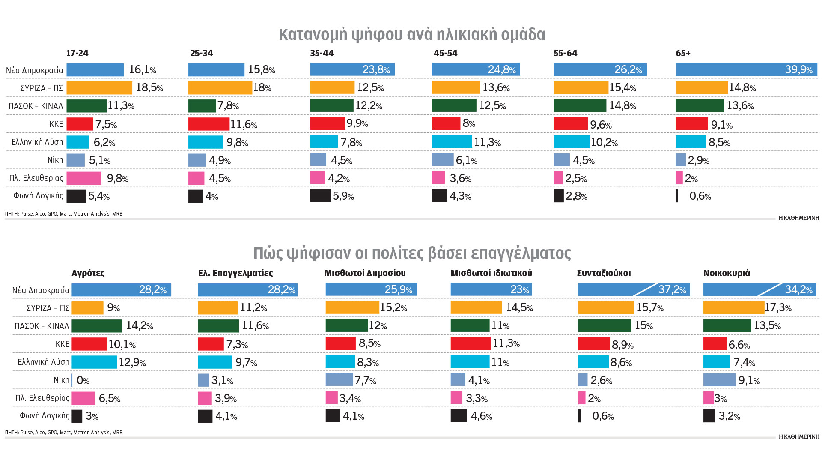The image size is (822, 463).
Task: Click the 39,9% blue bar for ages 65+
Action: coord(746,69)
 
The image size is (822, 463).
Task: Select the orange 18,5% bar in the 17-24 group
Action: coord(99,88)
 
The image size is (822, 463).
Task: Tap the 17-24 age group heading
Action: coord(77,53)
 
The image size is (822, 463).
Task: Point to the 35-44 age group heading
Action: coord(322,53)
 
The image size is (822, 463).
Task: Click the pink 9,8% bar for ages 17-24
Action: coord(84,178)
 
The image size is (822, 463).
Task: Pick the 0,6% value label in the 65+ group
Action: coord(700,196)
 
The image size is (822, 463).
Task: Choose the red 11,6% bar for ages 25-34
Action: coord(208,124)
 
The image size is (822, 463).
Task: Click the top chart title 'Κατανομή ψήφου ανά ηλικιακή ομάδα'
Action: coord(412,34)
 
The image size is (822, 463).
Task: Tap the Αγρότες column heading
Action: coord(88,273)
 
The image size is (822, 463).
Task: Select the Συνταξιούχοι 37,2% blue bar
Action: coord(634,290)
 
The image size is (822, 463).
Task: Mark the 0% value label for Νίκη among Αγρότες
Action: coord(83,380)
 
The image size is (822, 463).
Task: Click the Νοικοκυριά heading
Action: coord(727,273)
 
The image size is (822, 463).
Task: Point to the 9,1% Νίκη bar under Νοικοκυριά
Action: coord(719,380)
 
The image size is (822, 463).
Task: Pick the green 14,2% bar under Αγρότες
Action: coord(96,326)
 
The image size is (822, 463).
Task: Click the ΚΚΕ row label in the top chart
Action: coord(56,124)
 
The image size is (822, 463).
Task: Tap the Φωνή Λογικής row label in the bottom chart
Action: coord(44,415)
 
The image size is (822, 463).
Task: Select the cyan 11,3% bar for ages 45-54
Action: coord(452,142)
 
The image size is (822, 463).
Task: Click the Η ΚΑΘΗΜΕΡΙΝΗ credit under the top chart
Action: coord(798,218)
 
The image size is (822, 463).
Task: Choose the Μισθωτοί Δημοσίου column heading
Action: coord(365,273)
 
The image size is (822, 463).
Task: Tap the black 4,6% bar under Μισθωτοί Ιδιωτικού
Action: coord(459,416)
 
